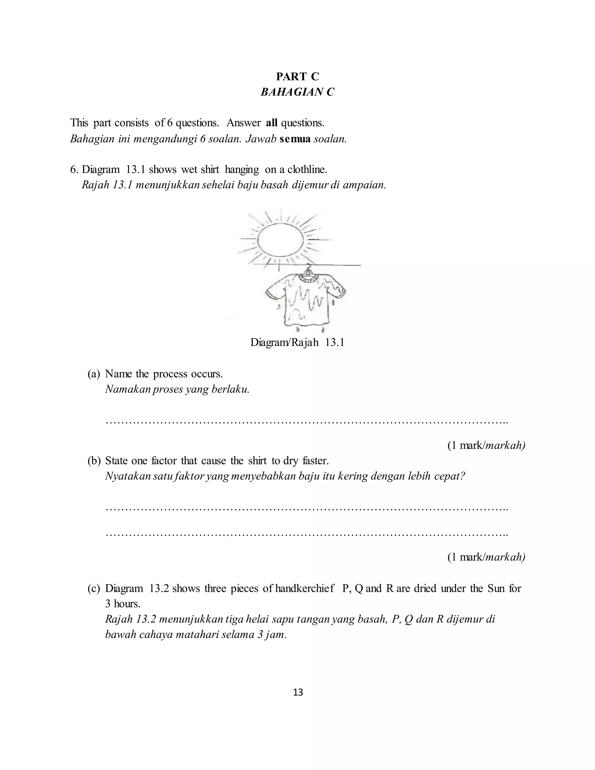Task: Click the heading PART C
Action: click(297, 76)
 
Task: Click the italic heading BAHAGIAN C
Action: click(297, 92)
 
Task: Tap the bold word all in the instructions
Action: click(271, 123)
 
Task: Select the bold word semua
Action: click(295, 139)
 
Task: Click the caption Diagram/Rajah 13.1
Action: click(297, 342)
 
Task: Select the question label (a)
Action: click(94, 374)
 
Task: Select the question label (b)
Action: click(94, 461)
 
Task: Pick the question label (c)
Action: click(94, 588)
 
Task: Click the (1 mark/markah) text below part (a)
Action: click(486, 446)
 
